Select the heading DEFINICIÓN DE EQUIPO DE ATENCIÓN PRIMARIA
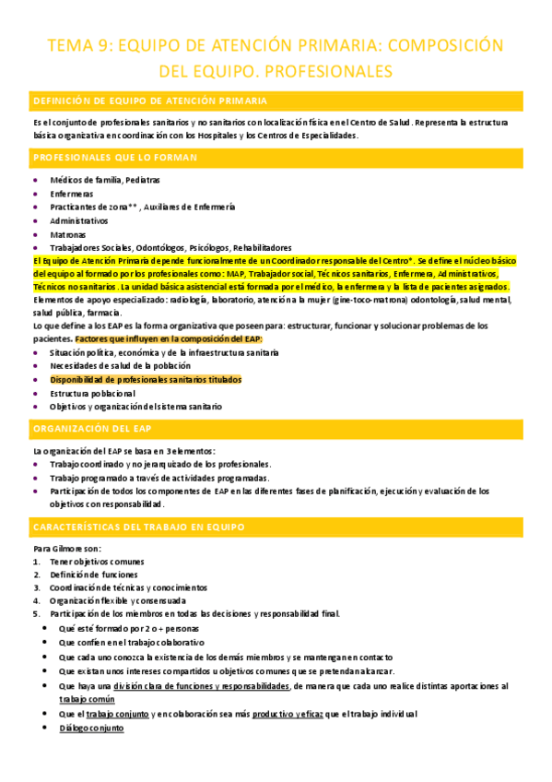pyautogui.click(x=151, y=101)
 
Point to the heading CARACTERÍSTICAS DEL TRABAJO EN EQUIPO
pyautogui.click(x=138, y=527)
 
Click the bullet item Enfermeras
pyautogui.click(x=71, y=195)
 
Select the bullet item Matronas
pyautogui.click(x=67, y=234)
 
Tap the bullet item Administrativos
pyautogui.click(x=80, y=221)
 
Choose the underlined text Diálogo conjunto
pyautogui.click(x=90, y=728)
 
